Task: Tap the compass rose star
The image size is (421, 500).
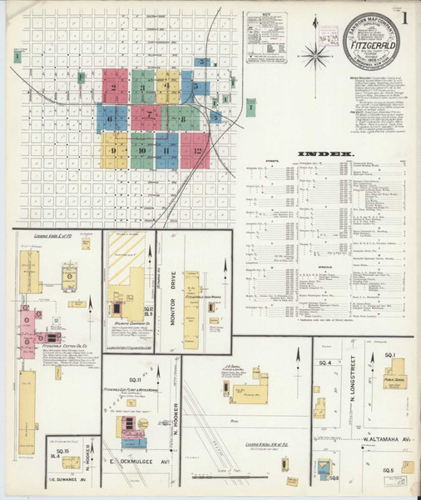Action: click(x=316, y=56)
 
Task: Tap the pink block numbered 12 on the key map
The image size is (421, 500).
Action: click(x=196, y=151)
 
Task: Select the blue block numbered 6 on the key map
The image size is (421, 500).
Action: click(x=111, y=117)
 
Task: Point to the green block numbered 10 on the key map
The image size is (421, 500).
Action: click(x=142, y=151)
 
